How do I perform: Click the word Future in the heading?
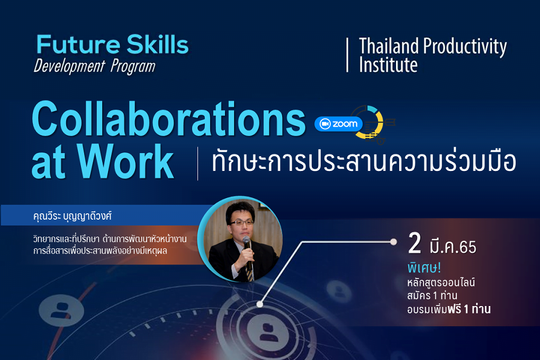(x=78, y=44)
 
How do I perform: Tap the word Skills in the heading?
(x=158, y=44)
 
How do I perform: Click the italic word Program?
(x=133, y=67)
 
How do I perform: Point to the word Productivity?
(x=465, y=47)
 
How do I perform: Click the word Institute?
(x=388, y=65)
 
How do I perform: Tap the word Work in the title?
(x=125, y=161)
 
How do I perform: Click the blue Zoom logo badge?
(x=338, y=124)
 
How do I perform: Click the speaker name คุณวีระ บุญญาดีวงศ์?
(x=73, y=216)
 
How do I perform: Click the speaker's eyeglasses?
(x=242, y=222)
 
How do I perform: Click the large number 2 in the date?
(x=415, y=243)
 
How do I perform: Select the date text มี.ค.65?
(x=453, y=247)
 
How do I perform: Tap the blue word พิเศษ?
(x=424, y=268)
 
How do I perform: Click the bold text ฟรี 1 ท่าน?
(x=469, y=309)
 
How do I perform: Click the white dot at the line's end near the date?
(x=393, y=242)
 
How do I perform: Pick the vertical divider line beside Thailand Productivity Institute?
(x=347, y=55)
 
